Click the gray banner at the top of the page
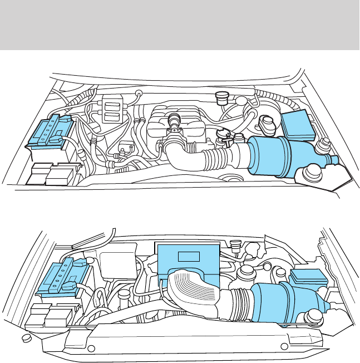(x=180, y=24)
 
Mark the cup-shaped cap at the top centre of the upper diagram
(x=222, y=98)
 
